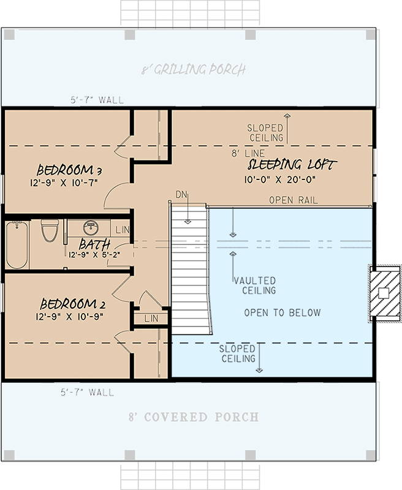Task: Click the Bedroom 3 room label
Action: (69, 170)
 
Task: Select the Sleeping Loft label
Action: (292, 165)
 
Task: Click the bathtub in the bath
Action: (17, 245)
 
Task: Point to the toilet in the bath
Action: (50, 232)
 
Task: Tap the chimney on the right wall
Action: (383, 293)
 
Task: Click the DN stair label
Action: (181, 194)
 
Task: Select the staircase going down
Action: (191, 269)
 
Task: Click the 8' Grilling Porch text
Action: (193, 70)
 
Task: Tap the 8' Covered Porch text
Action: (193, 417)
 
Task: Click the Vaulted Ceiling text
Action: (254, 285)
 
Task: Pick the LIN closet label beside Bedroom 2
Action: (151, 319)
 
